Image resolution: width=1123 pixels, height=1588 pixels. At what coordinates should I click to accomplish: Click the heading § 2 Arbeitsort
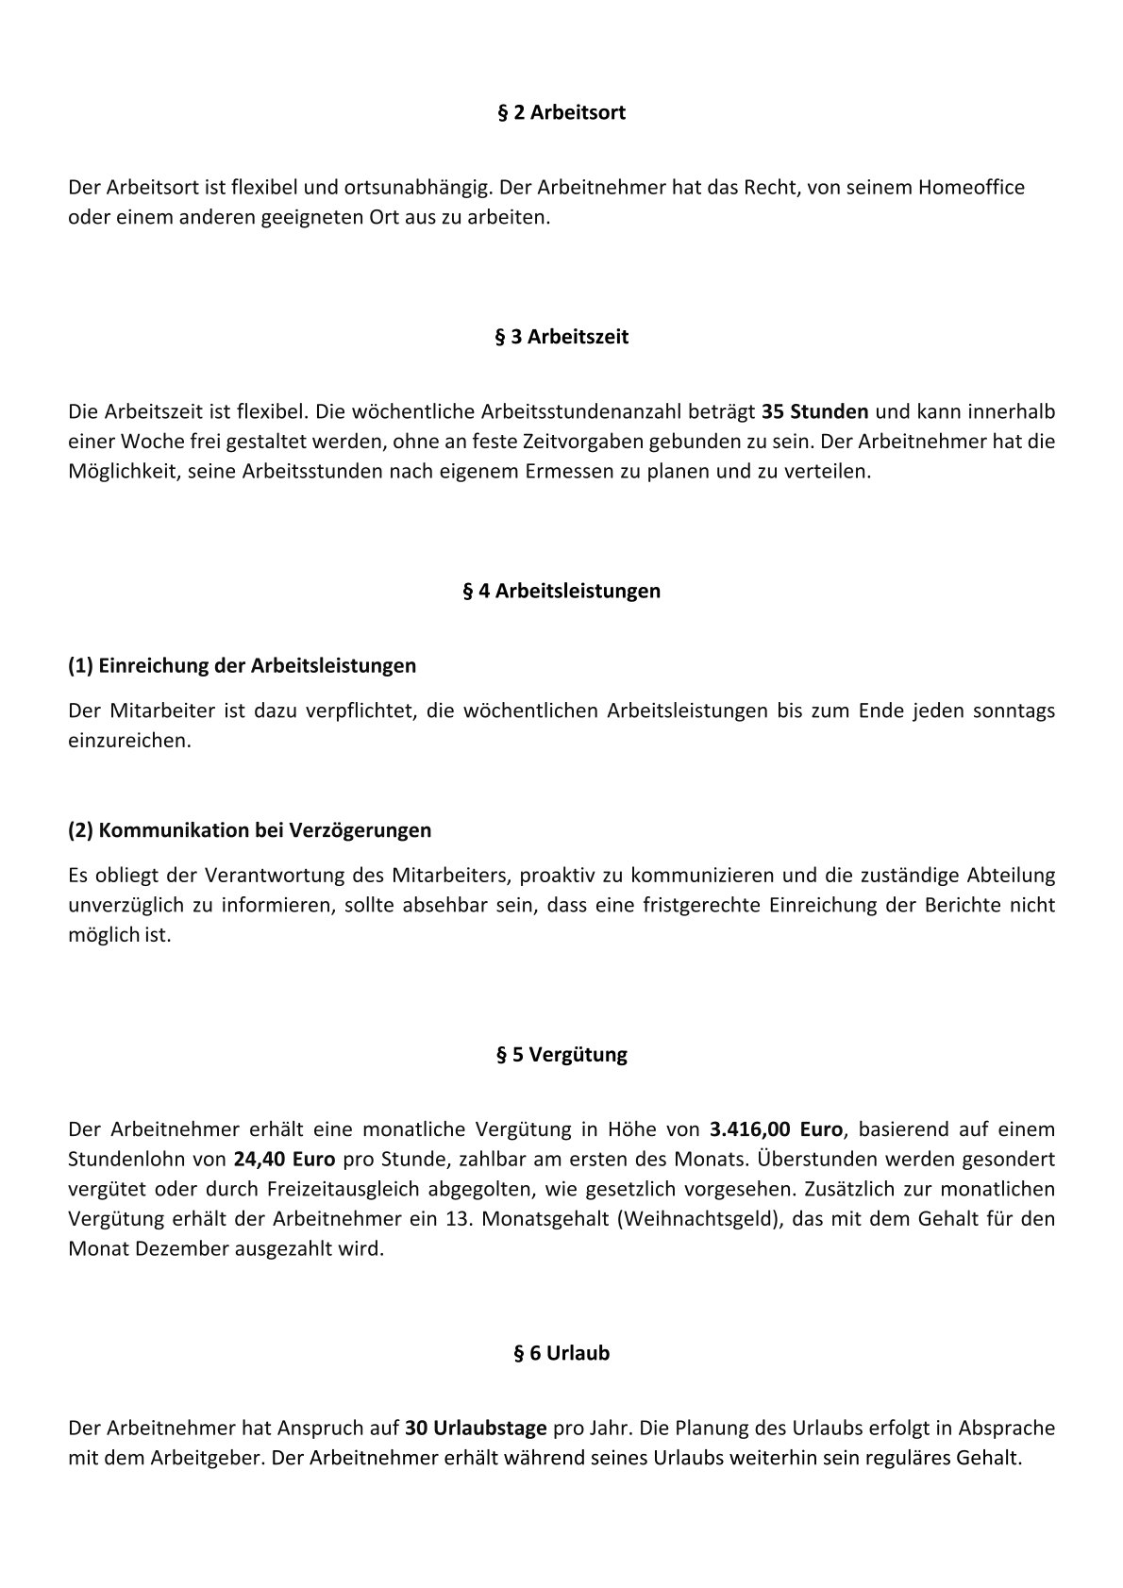(x=561, y=113)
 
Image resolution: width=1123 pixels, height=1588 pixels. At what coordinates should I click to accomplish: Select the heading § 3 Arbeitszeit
(x=561, y=337)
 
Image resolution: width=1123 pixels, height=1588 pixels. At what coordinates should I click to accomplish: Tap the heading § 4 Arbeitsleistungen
(x=561, y=592)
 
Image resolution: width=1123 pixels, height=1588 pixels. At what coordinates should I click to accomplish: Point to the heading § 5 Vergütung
(x=561, y=1055)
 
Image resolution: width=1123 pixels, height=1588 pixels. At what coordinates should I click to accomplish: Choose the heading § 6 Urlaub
(x=561, y=1353)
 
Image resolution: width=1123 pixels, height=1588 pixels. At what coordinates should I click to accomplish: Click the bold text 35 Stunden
(x=814, y=411)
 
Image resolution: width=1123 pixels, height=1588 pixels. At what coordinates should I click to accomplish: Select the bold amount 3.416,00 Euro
(x=776, y=1128)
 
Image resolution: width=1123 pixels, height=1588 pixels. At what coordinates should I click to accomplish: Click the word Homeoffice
(x=970, y=188)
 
